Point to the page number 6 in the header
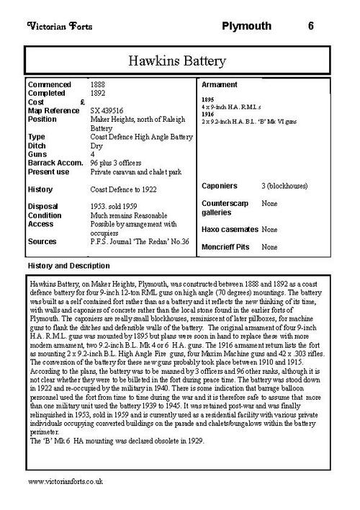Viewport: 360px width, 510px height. [310, 27]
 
